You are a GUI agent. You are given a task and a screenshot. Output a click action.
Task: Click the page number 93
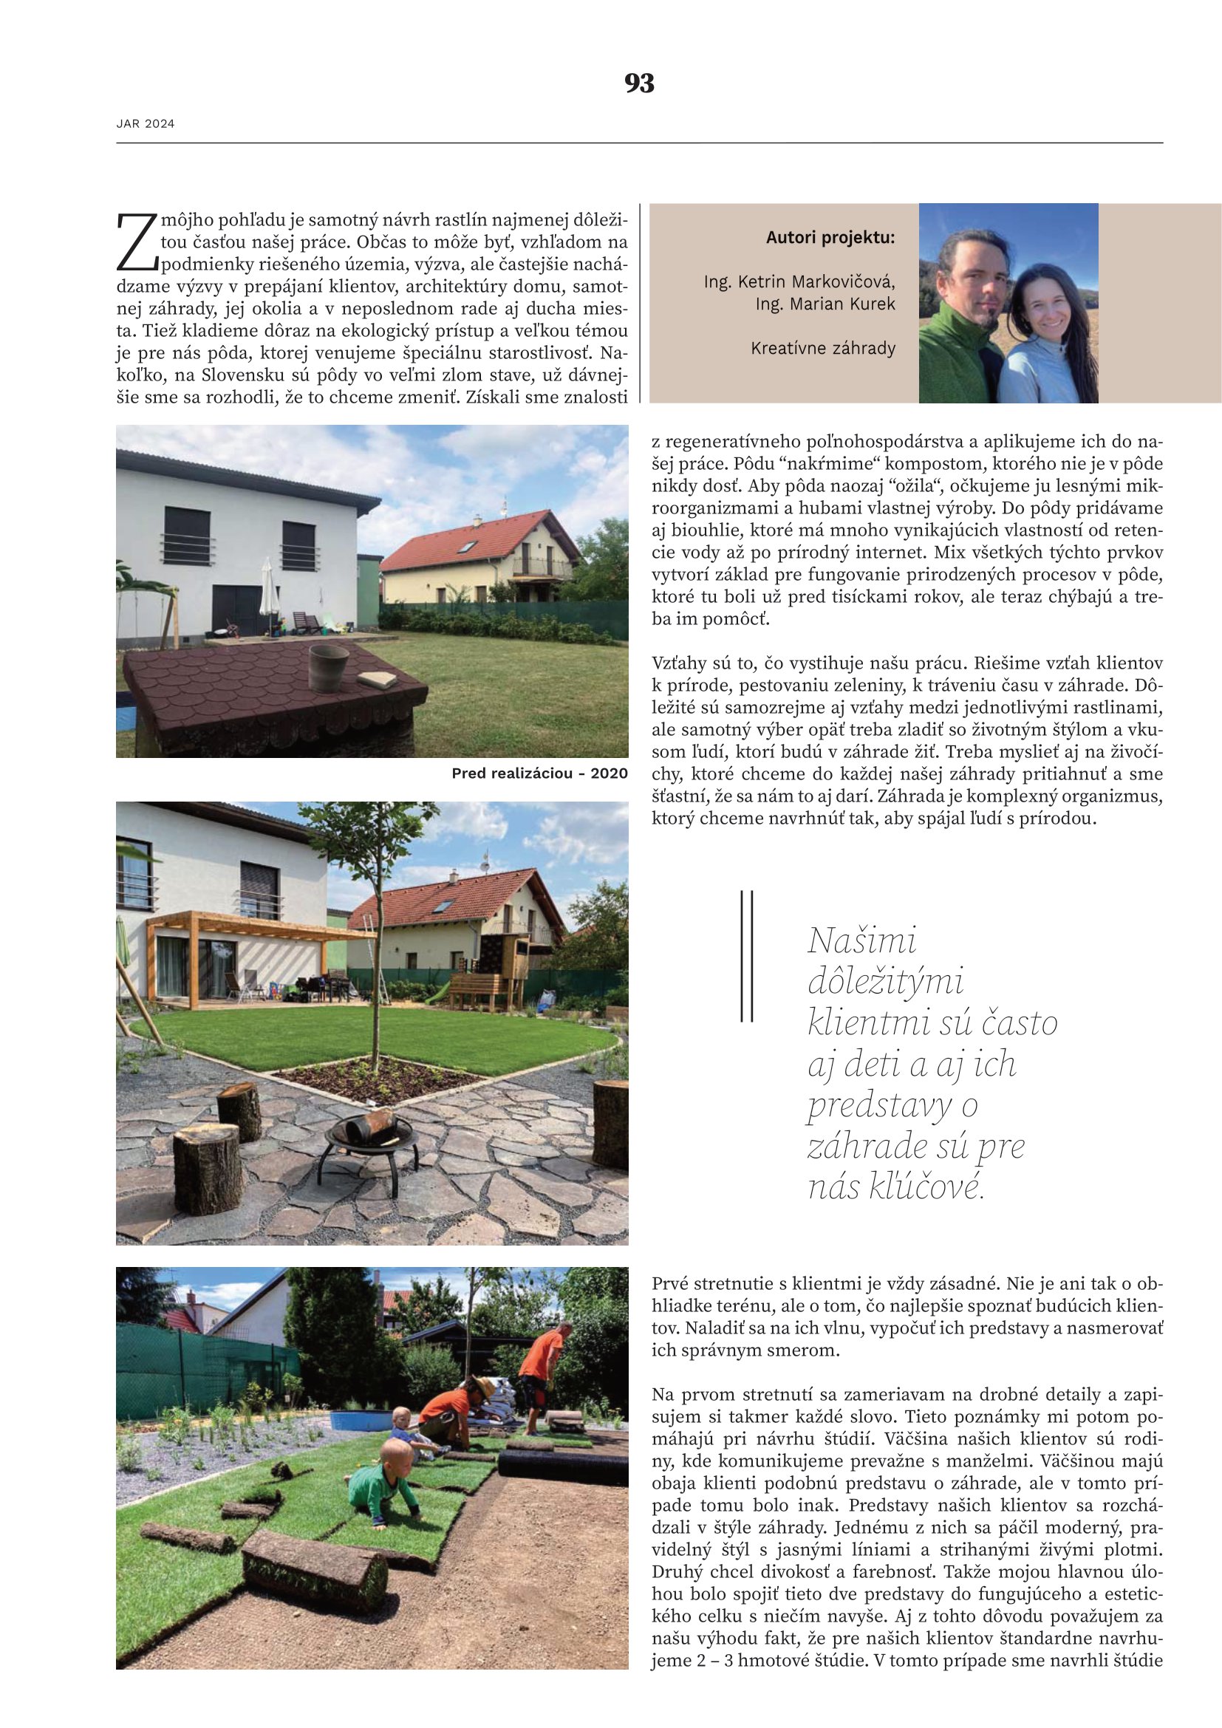(x=639, y=83)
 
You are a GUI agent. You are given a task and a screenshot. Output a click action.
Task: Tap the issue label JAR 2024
(x=146, y=124)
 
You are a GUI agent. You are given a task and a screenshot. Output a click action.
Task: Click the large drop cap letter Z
(x=136, y=242)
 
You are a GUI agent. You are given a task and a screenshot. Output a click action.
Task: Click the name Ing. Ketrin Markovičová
(x=799, y=282)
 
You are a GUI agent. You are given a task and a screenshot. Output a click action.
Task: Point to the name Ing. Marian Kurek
(x=825, y=304)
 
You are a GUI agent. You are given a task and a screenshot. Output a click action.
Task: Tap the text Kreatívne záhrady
(x=822, y=349)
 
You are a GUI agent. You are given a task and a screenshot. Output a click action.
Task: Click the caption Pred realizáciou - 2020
(x=539, y=773)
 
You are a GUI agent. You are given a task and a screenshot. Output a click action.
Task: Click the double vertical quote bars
(x=746, y=956)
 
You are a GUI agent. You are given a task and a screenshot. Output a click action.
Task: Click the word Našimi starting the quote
(x=861, y=941)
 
